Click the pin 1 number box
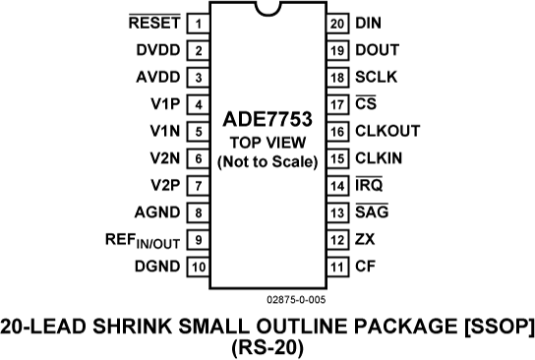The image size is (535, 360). coord(198,23)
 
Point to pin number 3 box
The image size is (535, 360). coord(198,77)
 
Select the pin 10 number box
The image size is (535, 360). coord(198,266)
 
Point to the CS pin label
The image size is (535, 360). coord(365,103)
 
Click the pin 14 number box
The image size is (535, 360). coord(337,185)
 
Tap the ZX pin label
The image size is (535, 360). coord(365,239)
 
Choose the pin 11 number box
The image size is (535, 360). coord(337,266)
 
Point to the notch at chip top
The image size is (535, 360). coord(267,12)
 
